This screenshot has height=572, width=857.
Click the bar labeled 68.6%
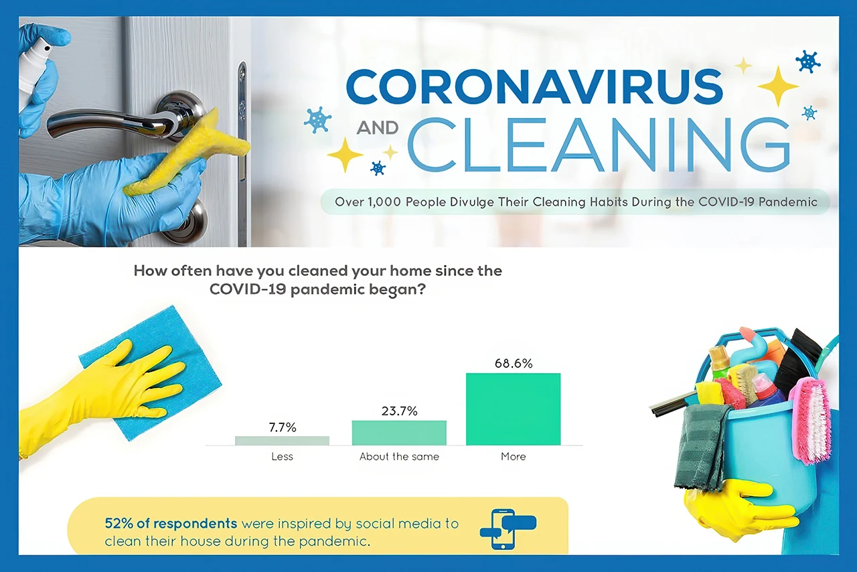click(513, 409)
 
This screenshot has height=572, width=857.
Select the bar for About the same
click(399, 433)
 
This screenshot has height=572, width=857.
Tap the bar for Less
click(282, 440)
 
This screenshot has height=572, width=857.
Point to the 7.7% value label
click(282, 427)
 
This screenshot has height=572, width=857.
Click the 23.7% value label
click(399, 411)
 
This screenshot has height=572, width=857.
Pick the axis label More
click(513, 457)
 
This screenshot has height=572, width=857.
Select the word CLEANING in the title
click(599, 146)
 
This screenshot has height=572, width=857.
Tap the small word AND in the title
click(377, 127)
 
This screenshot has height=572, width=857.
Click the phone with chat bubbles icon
click(507, 528)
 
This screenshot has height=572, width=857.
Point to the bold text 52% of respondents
click(171, 523)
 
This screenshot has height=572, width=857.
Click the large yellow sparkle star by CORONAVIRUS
click(777, 86)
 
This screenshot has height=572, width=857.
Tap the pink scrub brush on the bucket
click(811, 418)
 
